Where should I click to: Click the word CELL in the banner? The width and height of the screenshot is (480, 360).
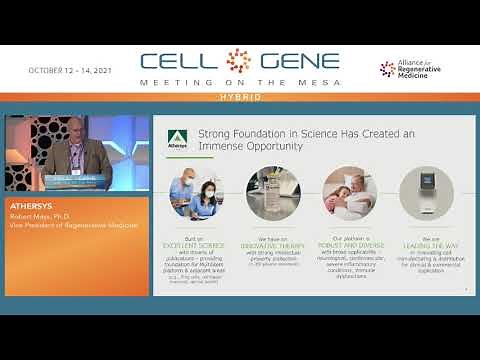[x=181, y=62]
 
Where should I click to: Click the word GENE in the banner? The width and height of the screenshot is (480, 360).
[x=295, y=62]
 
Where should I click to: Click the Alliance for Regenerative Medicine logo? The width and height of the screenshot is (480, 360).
[x=413, y=69]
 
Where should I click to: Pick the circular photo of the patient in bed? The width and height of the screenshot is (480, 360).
[x=345, y=191]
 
